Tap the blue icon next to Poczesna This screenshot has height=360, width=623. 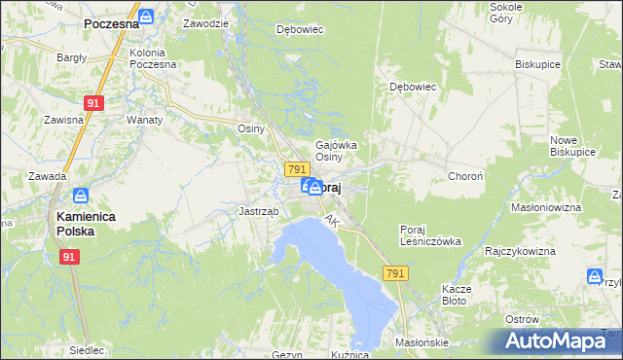[145, 17]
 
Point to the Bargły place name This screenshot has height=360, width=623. [72, 57]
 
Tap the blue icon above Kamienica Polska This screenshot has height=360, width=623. [80, 196]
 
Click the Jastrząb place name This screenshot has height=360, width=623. [259, 210]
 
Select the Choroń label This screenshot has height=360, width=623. [463, 176]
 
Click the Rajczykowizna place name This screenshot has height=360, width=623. [520, 251]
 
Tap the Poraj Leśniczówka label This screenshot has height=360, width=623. [429, 235]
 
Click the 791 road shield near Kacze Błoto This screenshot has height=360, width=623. [394, 275]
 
